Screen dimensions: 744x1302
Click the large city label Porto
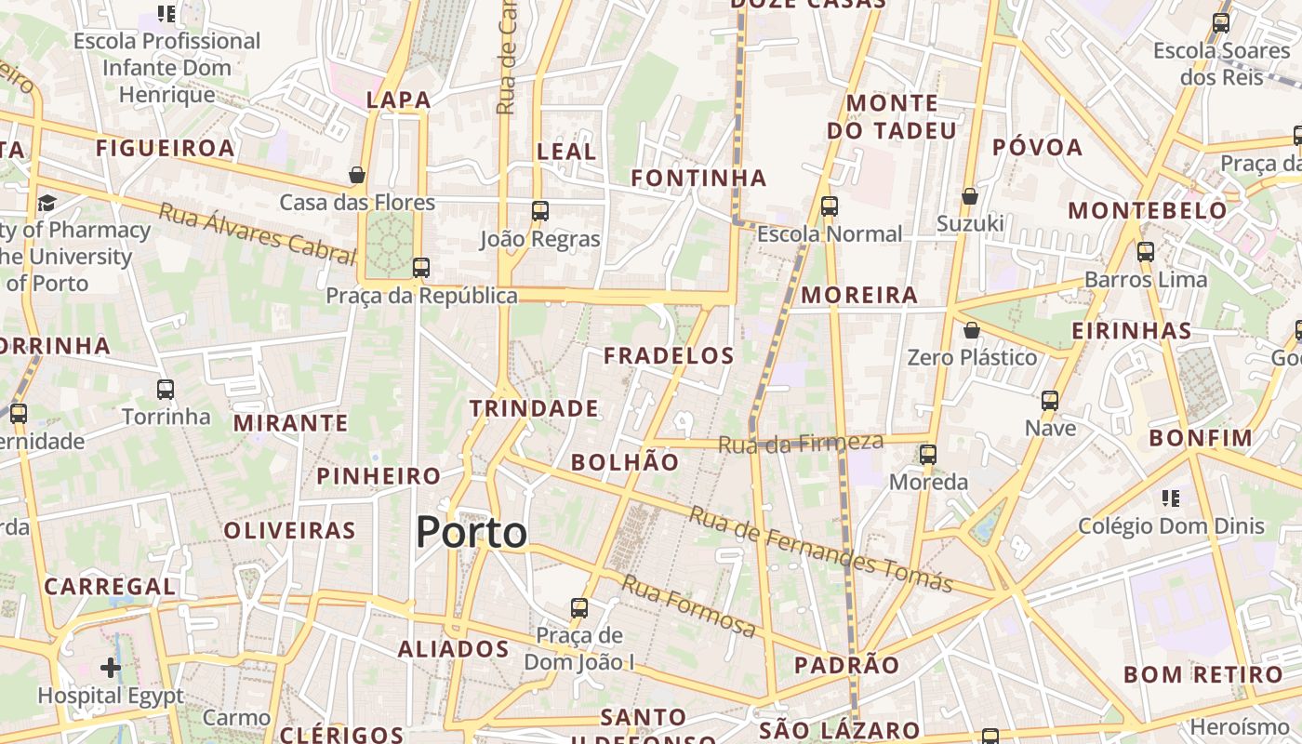click(x=472, y=532)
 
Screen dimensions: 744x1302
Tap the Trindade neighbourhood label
click(x=534, y=408)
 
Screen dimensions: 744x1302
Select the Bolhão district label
click(x=625, y=462)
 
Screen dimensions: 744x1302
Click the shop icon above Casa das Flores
click(x=356, y=175)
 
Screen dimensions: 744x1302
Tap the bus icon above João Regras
click(x=540, y=210)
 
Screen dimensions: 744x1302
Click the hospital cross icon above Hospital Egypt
click(x=111, y=667)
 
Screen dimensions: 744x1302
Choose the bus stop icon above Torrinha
click(x=166, y=389)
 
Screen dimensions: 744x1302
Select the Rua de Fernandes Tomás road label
click(x=820, y=550)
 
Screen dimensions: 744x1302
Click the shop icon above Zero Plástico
click(x=972, y=330)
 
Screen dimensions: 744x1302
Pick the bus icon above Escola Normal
click(x=830, y=206)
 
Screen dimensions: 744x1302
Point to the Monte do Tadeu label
click(x=891, y=116)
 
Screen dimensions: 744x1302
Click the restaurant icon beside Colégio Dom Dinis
click(x=1171, y=498)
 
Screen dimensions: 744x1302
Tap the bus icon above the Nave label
click(x=1050, y=401)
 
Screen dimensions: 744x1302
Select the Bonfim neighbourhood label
click(x=1201, y=438)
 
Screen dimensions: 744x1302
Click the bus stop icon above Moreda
click(x=928, y=454)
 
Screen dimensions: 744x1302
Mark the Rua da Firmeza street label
click(x=800, y=444)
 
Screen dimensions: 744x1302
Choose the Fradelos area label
click(x=669, y=355)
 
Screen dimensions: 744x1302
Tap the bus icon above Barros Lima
click(x=1146, y=251)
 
